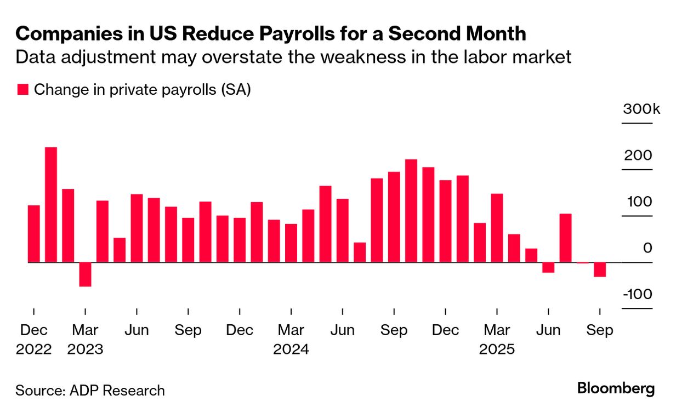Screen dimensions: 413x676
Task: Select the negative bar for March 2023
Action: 85,274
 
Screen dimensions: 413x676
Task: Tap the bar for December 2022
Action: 34,234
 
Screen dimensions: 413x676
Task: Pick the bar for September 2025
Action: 600,269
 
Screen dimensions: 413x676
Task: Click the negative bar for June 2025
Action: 548,267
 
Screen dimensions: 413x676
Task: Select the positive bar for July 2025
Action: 565,238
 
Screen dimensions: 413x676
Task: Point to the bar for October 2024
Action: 411,211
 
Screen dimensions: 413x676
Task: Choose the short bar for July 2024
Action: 360,253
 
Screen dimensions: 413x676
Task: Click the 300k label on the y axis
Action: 641,109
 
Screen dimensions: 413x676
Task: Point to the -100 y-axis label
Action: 638,295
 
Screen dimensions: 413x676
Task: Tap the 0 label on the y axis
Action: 647,248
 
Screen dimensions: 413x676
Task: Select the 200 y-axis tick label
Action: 638,156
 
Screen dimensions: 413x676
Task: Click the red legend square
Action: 22,90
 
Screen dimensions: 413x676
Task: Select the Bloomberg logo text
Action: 616,389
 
